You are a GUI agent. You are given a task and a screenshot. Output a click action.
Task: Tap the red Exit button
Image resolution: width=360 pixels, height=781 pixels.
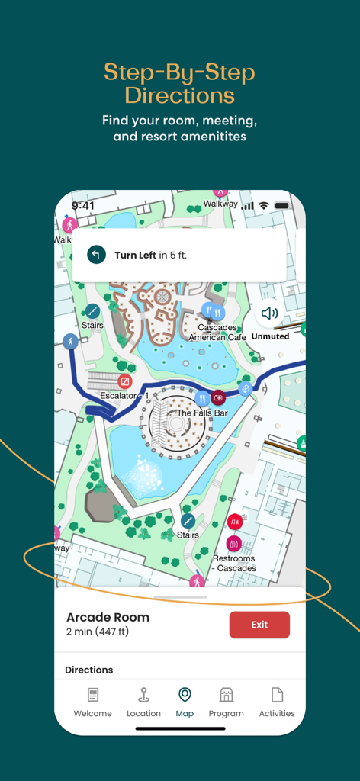click(x=259, y=625)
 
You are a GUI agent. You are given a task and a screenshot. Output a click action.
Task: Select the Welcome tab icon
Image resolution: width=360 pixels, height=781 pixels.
click(x=93, y=695)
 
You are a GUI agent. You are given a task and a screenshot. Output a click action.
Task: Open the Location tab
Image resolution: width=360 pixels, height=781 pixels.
click(x=143, y=695)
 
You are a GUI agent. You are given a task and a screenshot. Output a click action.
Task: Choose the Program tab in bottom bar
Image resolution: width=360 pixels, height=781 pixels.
click(x=226, y=695)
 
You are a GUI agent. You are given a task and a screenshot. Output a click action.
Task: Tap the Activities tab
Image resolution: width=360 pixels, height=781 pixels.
click(x=277, y=695)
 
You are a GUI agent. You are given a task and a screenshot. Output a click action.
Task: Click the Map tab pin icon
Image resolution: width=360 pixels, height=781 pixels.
click(x=185, y=694)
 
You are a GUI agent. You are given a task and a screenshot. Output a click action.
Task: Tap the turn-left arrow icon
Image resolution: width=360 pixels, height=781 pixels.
click(x=96, y=255)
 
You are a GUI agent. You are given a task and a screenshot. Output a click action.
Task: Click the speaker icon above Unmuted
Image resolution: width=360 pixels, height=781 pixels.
click(x=269, y=313)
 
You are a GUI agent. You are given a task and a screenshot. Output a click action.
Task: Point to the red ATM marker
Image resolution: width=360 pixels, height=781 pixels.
click(x=235, y=522)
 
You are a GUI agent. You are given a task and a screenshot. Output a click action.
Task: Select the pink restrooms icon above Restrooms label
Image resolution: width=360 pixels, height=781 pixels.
click(x=233, y=544)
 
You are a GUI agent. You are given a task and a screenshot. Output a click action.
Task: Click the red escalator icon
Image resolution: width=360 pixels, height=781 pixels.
click(x=124, y=381)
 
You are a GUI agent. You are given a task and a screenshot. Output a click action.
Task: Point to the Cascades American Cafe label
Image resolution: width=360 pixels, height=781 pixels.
click(x=217, y=333)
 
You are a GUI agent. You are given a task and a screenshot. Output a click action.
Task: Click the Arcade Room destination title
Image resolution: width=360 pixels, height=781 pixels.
click(x=108, y=617)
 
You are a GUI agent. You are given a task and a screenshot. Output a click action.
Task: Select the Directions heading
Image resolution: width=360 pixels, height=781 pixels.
click(x=88, y=670)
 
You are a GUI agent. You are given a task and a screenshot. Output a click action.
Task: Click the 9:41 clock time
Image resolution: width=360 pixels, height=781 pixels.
click(x=83, y=206)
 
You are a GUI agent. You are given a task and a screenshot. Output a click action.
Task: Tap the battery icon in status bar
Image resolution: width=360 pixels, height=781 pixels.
click(x=282, y=206)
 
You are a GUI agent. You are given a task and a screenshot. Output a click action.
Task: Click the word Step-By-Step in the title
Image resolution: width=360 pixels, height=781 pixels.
click(x=179, y=73)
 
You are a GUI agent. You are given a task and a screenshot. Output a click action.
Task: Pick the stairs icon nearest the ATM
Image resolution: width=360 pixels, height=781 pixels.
click(x=188, y=521)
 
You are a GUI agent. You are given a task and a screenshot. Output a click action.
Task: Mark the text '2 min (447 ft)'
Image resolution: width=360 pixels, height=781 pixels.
click(x=97, y=632)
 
